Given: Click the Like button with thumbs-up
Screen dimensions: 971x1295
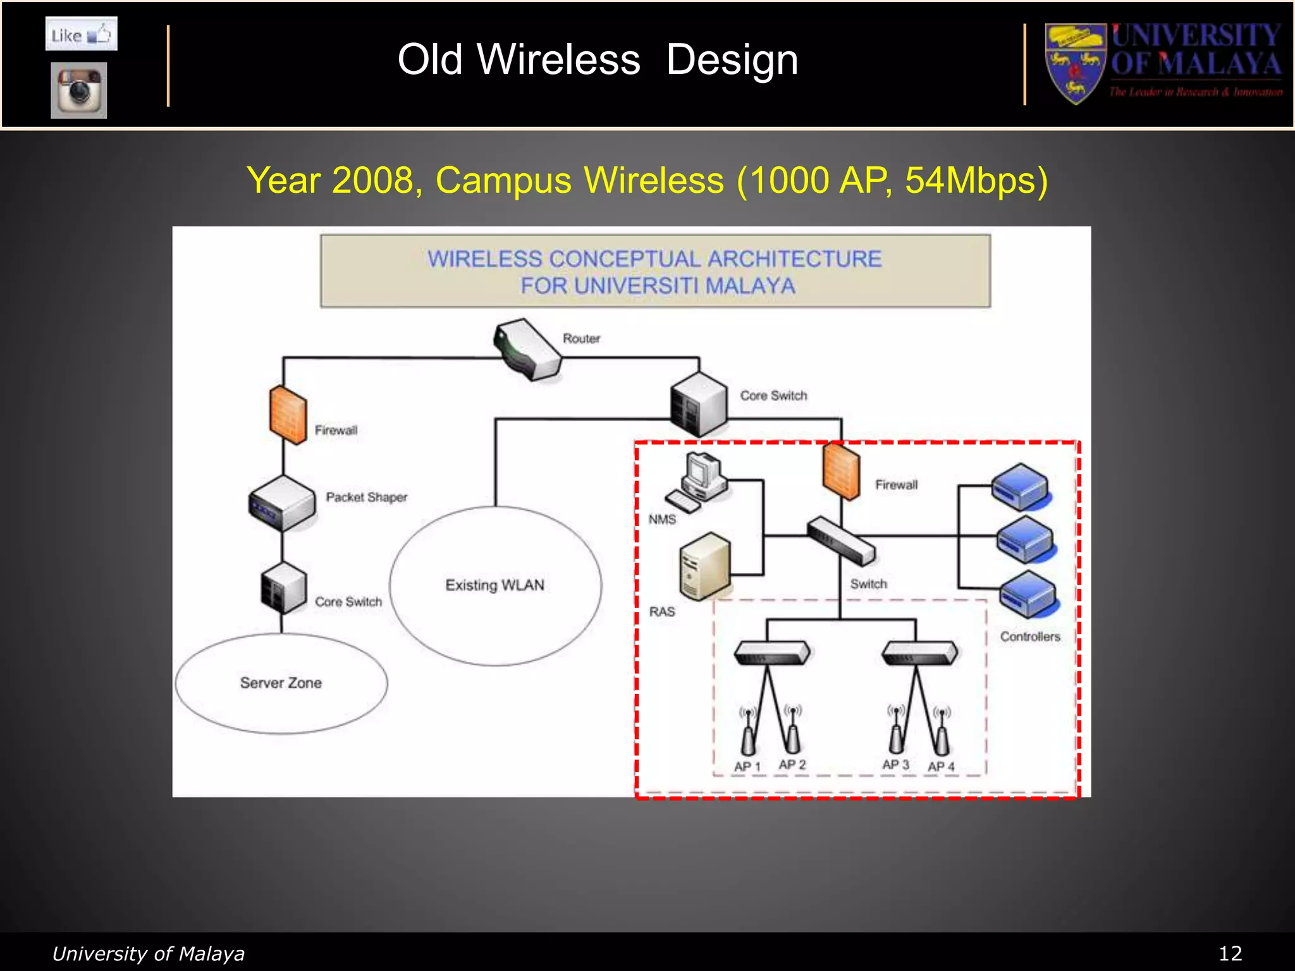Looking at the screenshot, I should [81, 34].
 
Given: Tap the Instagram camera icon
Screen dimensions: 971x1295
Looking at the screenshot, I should [79, 90].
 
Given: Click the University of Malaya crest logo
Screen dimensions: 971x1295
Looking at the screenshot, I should [1075, 64].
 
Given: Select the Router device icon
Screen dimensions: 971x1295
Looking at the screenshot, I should [527, 350].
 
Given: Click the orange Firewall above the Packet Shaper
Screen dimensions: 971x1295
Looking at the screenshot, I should [288, 415].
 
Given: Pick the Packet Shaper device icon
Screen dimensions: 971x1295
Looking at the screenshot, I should [282, 503].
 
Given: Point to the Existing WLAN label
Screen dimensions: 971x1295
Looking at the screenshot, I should [494, 585].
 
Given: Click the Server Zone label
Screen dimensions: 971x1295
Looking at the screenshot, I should [281, 683].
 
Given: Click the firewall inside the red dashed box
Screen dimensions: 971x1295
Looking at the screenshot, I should [841, 471].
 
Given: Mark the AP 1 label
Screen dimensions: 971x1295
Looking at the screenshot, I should [747, 767].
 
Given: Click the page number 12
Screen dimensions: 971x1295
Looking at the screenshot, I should [1230, 953].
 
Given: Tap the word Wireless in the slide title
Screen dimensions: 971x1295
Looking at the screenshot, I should [558, 60].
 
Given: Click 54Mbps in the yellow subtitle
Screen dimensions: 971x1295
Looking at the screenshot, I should [976, 180].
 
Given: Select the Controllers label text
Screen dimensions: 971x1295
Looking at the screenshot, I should [1029, 637].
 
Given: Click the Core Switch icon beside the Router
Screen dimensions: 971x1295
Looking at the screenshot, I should [699, 404].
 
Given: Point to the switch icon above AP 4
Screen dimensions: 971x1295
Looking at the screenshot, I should [919, 653].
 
